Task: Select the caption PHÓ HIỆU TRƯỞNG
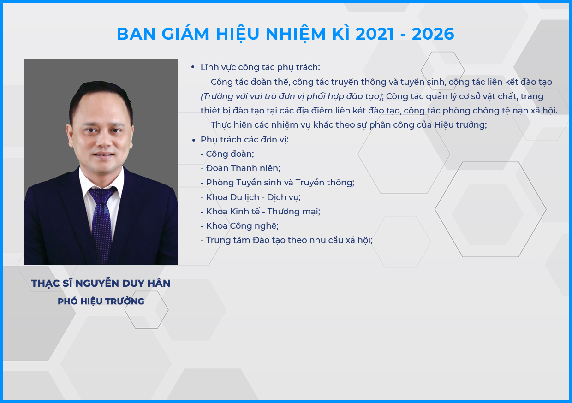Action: click(x=101, y=301)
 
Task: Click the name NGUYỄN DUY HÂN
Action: click(x=123, y=283)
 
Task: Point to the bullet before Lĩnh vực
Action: click(x=193, y=67)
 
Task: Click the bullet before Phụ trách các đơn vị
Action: click(x=194, y=140)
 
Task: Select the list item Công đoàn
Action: click(x=227, y=154)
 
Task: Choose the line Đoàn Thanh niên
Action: click(x=240, y=168)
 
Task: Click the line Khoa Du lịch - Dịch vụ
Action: click(x=251, y=197)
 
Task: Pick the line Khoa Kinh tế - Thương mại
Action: click(x=261, y=212)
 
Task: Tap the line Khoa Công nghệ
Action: click(x=239, y=226)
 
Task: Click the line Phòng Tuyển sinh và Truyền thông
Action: click(x=278, y=183)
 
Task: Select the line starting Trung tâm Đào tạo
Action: click(x=286, y=240)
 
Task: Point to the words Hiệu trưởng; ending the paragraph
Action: click(x=461, y=125)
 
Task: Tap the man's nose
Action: click(x=105, y=142)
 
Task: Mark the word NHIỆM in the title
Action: click(x=296, y=34)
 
